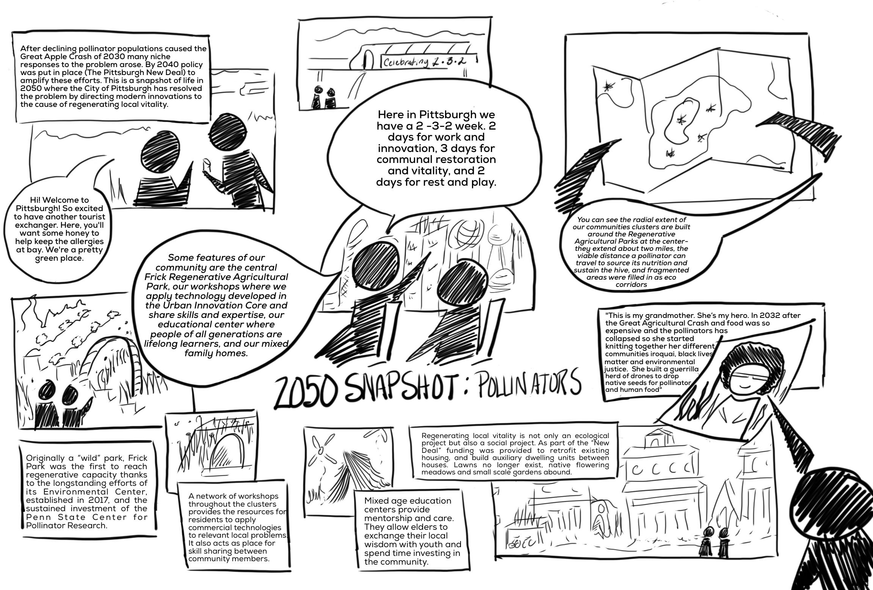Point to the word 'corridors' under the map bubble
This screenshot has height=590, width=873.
click(x=631, y=284)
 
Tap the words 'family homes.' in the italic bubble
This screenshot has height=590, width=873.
click(x=216, y=353)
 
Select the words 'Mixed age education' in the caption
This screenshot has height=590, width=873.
click(x=408, y=501)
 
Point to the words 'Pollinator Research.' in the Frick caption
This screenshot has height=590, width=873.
click(x=67, y=526)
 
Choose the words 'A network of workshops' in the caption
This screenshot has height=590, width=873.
click(x=233, y=496)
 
